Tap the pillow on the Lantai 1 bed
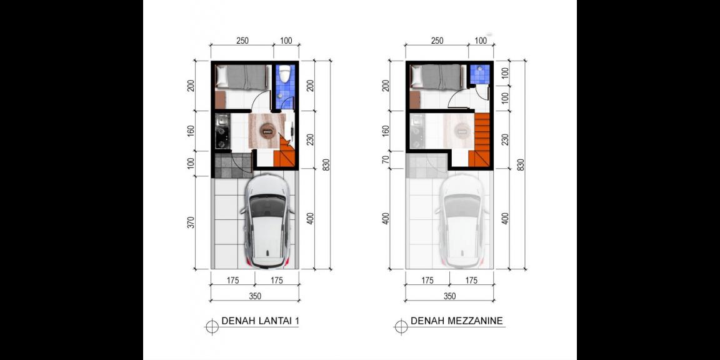pos(221,77)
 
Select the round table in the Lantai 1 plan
pos(267,130)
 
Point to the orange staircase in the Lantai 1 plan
pos(287,155)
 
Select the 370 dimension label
pos(191,222)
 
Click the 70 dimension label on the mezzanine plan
pos(386,161)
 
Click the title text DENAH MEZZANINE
pos(457,322)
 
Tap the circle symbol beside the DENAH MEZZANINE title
pos(399,324)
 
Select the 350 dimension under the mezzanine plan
pos(449,296)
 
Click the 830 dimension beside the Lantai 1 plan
pos(326,165)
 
